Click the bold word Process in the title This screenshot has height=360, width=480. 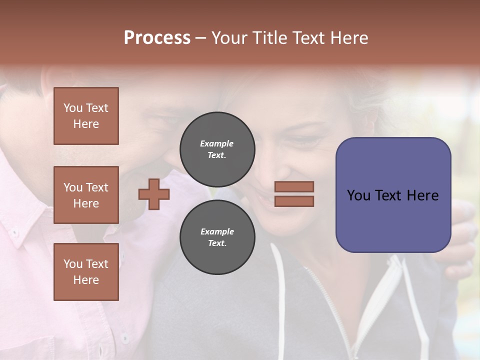(157, 38)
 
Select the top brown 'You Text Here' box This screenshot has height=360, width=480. (86, 116)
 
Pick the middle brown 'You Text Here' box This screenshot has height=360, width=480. (86, 195)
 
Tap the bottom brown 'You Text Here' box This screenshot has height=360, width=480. (86, 272)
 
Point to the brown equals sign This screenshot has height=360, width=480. (294, 194)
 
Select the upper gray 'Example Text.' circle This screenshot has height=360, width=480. (217, 149)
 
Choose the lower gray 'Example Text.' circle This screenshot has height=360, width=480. (217, 237)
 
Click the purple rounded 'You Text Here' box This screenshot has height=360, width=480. (393, 195)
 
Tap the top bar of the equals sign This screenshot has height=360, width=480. (294, 187)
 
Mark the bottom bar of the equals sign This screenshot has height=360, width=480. (294, 201)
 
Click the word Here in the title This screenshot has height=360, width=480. (348, 38)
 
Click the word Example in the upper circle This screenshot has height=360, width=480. (217, 143)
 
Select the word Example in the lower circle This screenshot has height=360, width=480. (217, 231)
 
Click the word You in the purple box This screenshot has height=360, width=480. (358, 195)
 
